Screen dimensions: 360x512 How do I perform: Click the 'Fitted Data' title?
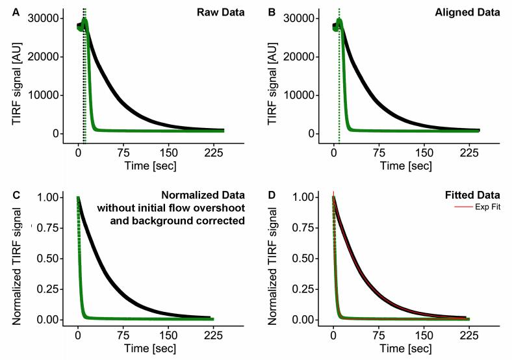(x=476, y=195)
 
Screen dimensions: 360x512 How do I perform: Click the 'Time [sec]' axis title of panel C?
(x=151, y=349)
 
